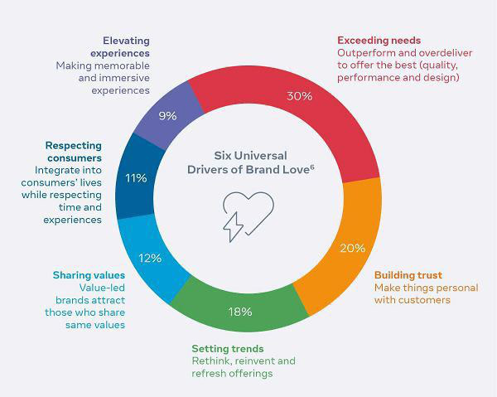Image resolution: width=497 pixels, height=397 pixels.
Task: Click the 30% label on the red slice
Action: tap(300, 96)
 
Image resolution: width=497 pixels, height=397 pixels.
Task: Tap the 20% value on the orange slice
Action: tap(353, 248)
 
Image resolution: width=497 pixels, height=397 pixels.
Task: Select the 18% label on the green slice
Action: tap(240, 312)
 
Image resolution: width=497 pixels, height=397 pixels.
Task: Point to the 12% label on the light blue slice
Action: tap(150, 258)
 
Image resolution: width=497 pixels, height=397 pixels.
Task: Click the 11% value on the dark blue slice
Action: tap(137, 178)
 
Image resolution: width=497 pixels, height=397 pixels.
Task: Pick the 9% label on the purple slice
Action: tap(167, 116)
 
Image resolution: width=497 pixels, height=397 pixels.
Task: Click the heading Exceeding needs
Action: tap(379, 41)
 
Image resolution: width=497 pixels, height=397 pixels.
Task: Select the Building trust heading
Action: tap(408, 275)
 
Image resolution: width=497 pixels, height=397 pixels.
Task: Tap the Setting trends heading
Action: tap(228, 348)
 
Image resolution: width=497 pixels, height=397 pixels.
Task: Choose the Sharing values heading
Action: tap(89, 275)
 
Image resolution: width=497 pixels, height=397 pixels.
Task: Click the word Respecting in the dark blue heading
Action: tap(74, 146)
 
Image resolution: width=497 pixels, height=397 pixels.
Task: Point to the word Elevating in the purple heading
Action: tap(126, 41)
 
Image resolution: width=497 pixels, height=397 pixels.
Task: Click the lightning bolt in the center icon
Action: tap(233, 227)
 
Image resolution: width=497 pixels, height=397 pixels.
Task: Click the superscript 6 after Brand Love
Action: tap(312, 167)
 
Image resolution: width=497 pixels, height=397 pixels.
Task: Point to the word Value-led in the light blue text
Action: tap(102, 288)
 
